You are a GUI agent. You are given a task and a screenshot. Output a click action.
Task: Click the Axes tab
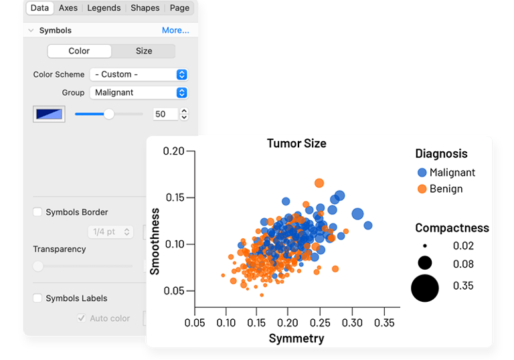point(68,8)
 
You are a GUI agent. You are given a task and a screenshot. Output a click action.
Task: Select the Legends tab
point(104,8)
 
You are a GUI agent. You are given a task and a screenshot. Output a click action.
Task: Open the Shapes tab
point(145,8)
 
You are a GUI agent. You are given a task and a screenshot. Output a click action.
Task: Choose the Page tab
point(179,8)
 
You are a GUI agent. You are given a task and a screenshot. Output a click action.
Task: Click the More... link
point(175,30)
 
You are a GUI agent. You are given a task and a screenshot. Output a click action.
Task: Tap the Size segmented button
point(143,51)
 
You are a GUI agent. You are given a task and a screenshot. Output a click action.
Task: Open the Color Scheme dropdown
point(140,74)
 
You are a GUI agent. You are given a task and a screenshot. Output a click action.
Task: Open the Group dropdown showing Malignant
point(140,92)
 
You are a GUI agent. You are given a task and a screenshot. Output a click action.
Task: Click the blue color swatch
point(49,114)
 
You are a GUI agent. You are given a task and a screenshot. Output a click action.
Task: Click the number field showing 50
point(165,114)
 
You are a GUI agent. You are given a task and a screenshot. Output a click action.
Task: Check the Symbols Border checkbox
point(38,212)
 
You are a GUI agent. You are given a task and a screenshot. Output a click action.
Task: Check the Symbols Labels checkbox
point(38,298)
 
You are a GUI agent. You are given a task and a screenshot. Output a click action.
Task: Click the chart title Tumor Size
point(296,143)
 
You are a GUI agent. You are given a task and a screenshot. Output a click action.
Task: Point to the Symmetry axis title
point(296,338)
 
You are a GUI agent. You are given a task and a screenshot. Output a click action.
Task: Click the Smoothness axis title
point(155,242)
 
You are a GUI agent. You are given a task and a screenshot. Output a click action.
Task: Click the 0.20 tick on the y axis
point(173,151)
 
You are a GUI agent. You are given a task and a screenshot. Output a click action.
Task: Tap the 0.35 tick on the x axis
point(384,323)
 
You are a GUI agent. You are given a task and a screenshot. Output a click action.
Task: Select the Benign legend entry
point(446,189)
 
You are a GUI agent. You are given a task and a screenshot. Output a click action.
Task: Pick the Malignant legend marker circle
point(422,172)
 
